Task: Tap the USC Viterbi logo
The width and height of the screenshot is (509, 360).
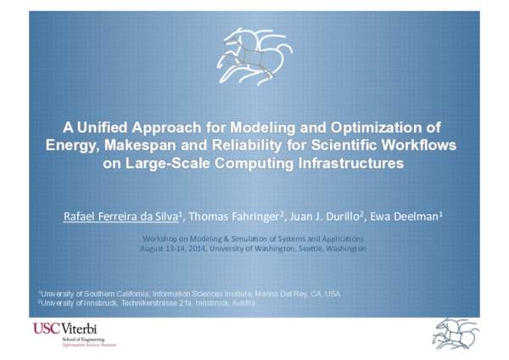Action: point(75,335)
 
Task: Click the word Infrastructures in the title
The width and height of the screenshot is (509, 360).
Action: point(344,163)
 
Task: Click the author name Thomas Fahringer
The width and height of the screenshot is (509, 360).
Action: point(247,217)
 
